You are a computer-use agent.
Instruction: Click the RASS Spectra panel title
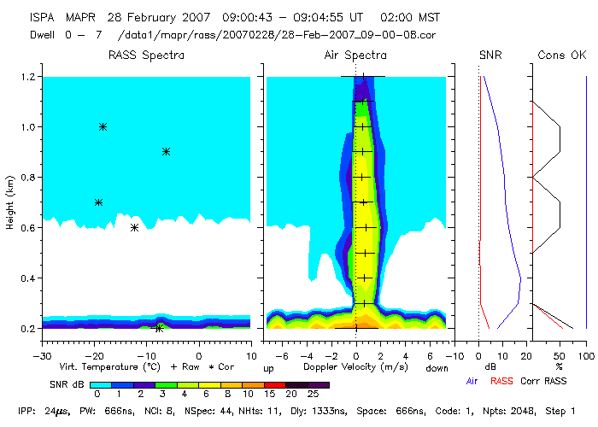click(146, 56)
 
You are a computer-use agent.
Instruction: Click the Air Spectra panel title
click(355, 56)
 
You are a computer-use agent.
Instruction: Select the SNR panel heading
click(491, 56)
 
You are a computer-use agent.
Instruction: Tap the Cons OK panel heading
click(561, 56)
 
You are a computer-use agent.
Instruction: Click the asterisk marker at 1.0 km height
click(103, 126)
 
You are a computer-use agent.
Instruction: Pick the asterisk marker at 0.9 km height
click(166, 152)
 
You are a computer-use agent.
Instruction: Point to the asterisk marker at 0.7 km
click(98, 202)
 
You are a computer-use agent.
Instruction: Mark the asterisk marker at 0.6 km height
click(134, 227)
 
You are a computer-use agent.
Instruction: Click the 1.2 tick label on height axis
click(26, 77)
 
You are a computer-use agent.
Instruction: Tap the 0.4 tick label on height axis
click(26, 278)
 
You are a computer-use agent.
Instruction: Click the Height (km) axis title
click(9, 202)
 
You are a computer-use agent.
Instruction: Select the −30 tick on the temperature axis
click(40, 355)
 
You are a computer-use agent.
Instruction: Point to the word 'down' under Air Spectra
click(434, 367)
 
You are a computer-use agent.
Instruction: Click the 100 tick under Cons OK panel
click(586, 355)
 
